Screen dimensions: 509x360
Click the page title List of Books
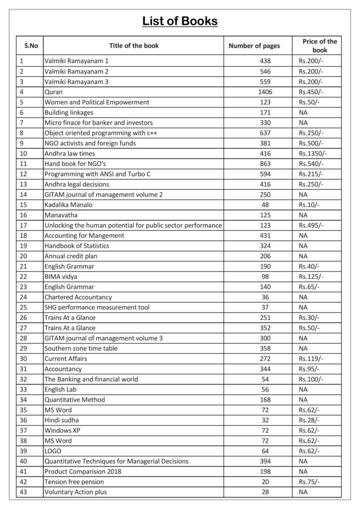click(180, 21)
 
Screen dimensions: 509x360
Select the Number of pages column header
click(254, 46)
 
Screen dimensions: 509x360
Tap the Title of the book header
click(134, 46)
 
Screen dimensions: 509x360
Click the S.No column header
click(31, 46)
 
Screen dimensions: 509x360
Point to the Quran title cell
click(53, 92)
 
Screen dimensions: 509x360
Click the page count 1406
click(265, 92)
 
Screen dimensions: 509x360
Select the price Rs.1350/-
click(312, 154)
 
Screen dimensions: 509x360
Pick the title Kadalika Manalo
click(68, 205)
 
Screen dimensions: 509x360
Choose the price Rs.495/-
click(311, 225)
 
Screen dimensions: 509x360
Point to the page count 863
click(265, 164)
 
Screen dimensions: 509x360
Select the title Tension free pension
click(75, 482)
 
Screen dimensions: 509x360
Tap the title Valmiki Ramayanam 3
click(76, 82)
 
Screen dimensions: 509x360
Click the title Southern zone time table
click(81, 348)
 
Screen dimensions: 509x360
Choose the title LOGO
click(53, 451)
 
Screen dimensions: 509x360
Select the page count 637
click(265, 133)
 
